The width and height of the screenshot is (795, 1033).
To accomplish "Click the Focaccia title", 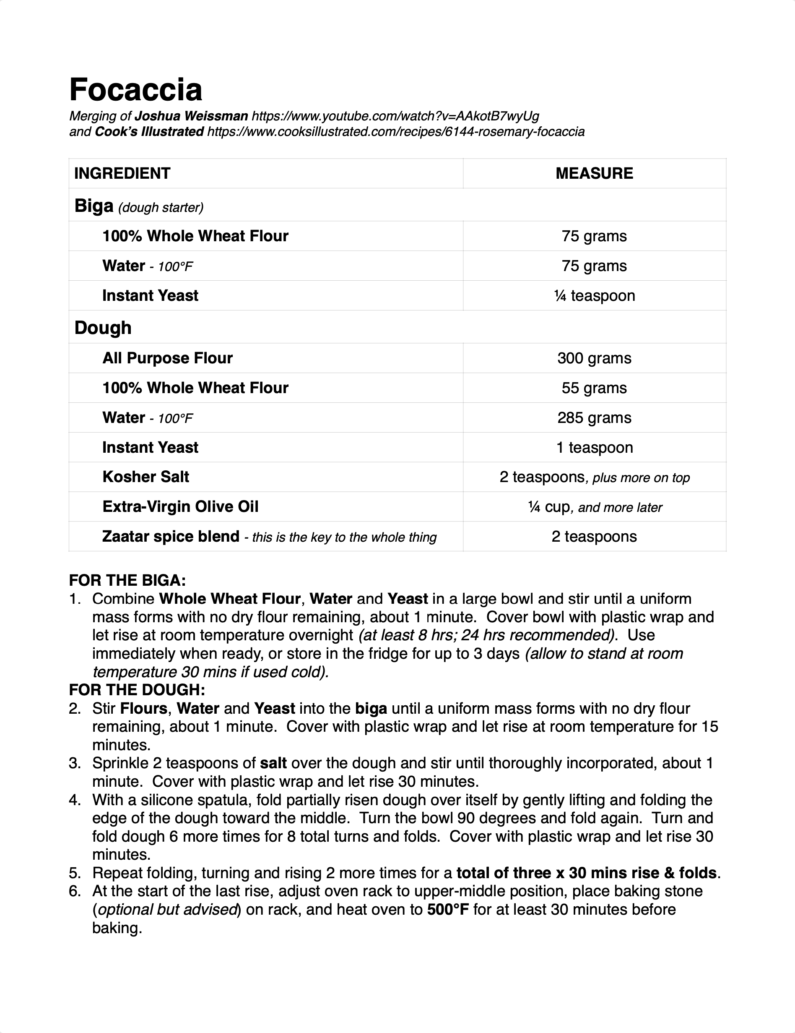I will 136,89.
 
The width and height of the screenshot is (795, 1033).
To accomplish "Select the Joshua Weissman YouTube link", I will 395,116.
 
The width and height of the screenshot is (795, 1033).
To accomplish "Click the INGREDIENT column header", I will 122,174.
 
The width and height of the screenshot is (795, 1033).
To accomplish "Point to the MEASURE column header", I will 594,174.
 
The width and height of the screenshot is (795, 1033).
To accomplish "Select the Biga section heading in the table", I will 94,206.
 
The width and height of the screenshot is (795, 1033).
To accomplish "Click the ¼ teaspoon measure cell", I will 594,296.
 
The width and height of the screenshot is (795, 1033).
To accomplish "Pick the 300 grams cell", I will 594,358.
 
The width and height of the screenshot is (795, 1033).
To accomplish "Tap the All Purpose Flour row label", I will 167,358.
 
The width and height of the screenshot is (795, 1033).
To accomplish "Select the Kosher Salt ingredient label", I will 145,477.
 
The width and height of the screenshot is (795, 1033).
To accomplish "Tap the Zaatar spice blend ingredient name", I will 171,537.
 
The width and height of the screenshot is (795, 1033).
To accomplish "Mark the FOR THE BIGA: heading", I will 127,580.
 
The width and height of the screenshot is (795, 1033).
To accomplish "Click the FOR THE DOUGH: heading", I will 137,690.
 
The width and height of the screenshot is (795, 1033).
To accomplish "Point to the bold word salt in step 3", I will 274,763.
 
